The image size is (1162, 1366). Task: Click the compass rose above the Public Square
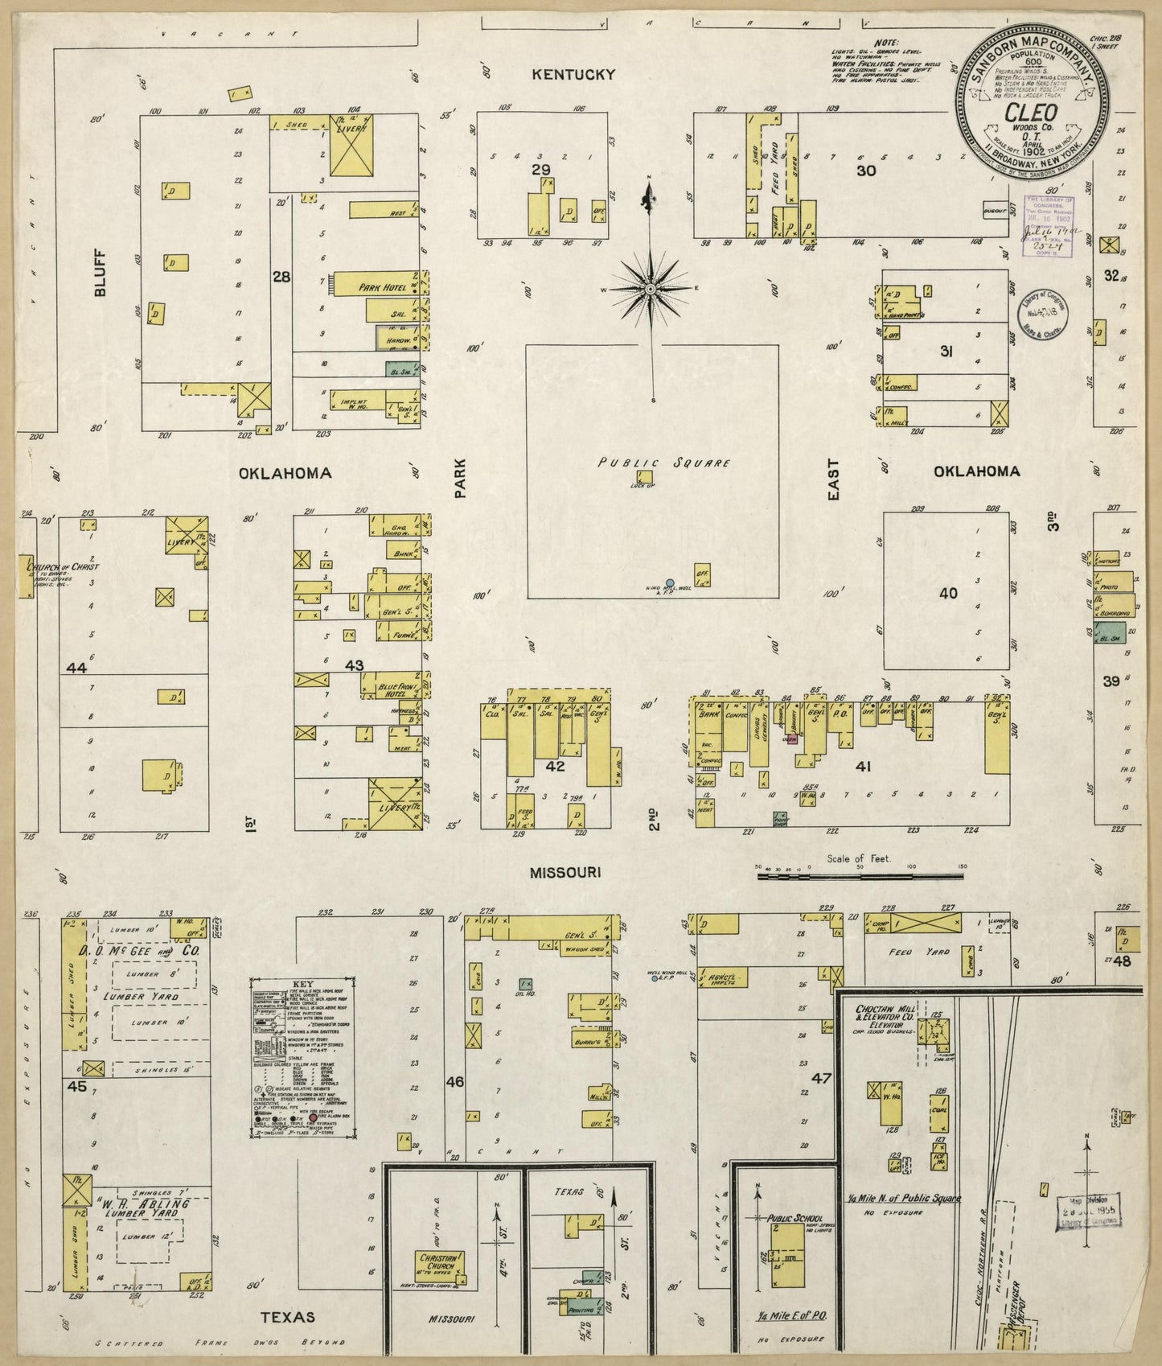650,288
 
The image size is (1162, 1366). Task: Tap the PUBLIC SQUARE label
663,463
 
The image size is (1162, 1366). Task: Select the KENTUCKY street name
573,75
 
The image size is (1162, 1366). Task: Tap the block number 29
540,169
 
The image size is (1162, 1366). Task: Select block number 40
948,593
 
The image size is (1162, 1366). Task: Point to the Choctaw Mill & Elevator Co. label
881,1017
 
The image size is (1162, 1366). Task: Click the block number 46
454,1082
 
